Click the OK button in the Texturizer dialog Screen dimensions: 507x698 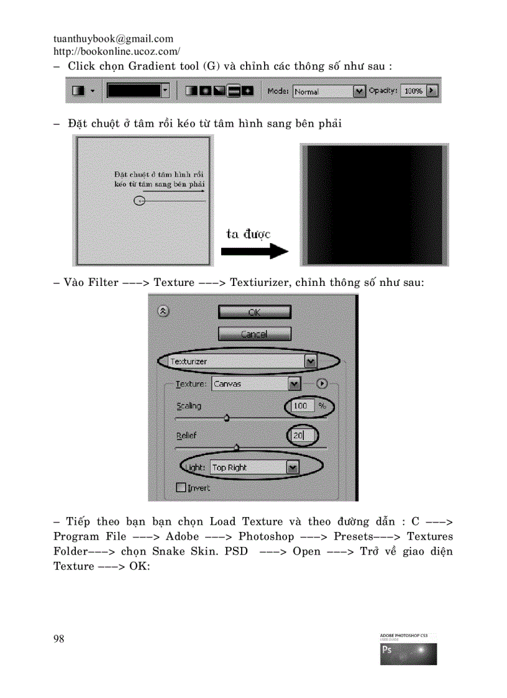[x=254, y=312]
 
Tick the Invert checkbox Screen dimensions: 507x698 [x=182, y=488]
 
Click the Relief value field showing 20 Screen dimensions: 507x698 [x=300, y=436]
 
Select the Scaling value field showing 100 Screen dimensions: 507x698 [x=301, y=406]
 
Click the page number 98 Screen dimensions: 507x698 [x=59, y=639]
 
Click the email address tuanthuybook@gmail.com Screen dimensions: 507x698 [x=114, y=39]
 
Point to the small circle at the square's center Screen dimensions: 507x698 [x=140, y=201]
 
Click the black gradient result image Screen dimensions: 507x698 [x=374, y=204]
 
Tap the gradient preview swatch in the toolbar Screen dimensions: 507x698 [x=134, y=91]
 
